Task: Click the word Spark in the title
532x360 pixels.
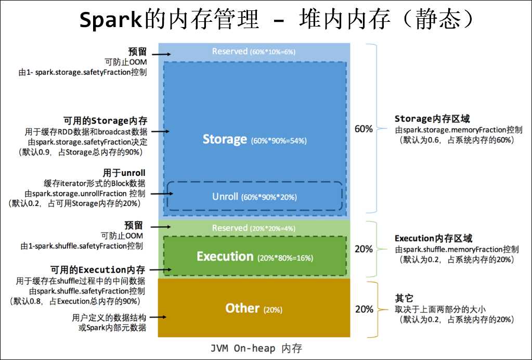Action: point(110,20)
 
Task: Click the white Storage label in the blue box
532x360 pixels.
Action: point(225,139)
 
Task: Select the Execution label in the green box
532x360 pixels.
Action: point(225,256)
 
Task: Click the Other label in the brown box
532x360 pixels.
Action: point(242,308)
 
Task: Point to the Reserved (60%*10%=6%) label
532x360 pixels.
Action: point(254,52)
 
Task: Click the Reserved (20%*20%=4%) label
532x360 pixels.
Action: point(254,228)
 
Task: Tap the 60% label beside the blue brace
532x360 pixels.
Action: point(364,128)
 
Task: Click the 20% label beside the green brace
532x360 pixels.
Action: point(364,249)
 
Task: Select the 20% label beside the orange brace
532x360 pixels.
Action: point(364,309)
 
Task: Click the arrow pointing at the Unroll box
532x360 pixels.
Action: point(158,194)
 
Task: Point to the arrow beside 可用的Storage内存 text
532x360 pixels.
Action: point(160,132)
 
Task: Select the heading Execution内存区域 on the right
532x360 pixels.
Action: point(433,239)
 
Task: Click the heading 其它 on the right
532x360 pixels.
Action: point(404,299)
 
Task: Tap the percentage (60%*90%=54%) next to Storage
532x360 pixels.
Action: point(278,141)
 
